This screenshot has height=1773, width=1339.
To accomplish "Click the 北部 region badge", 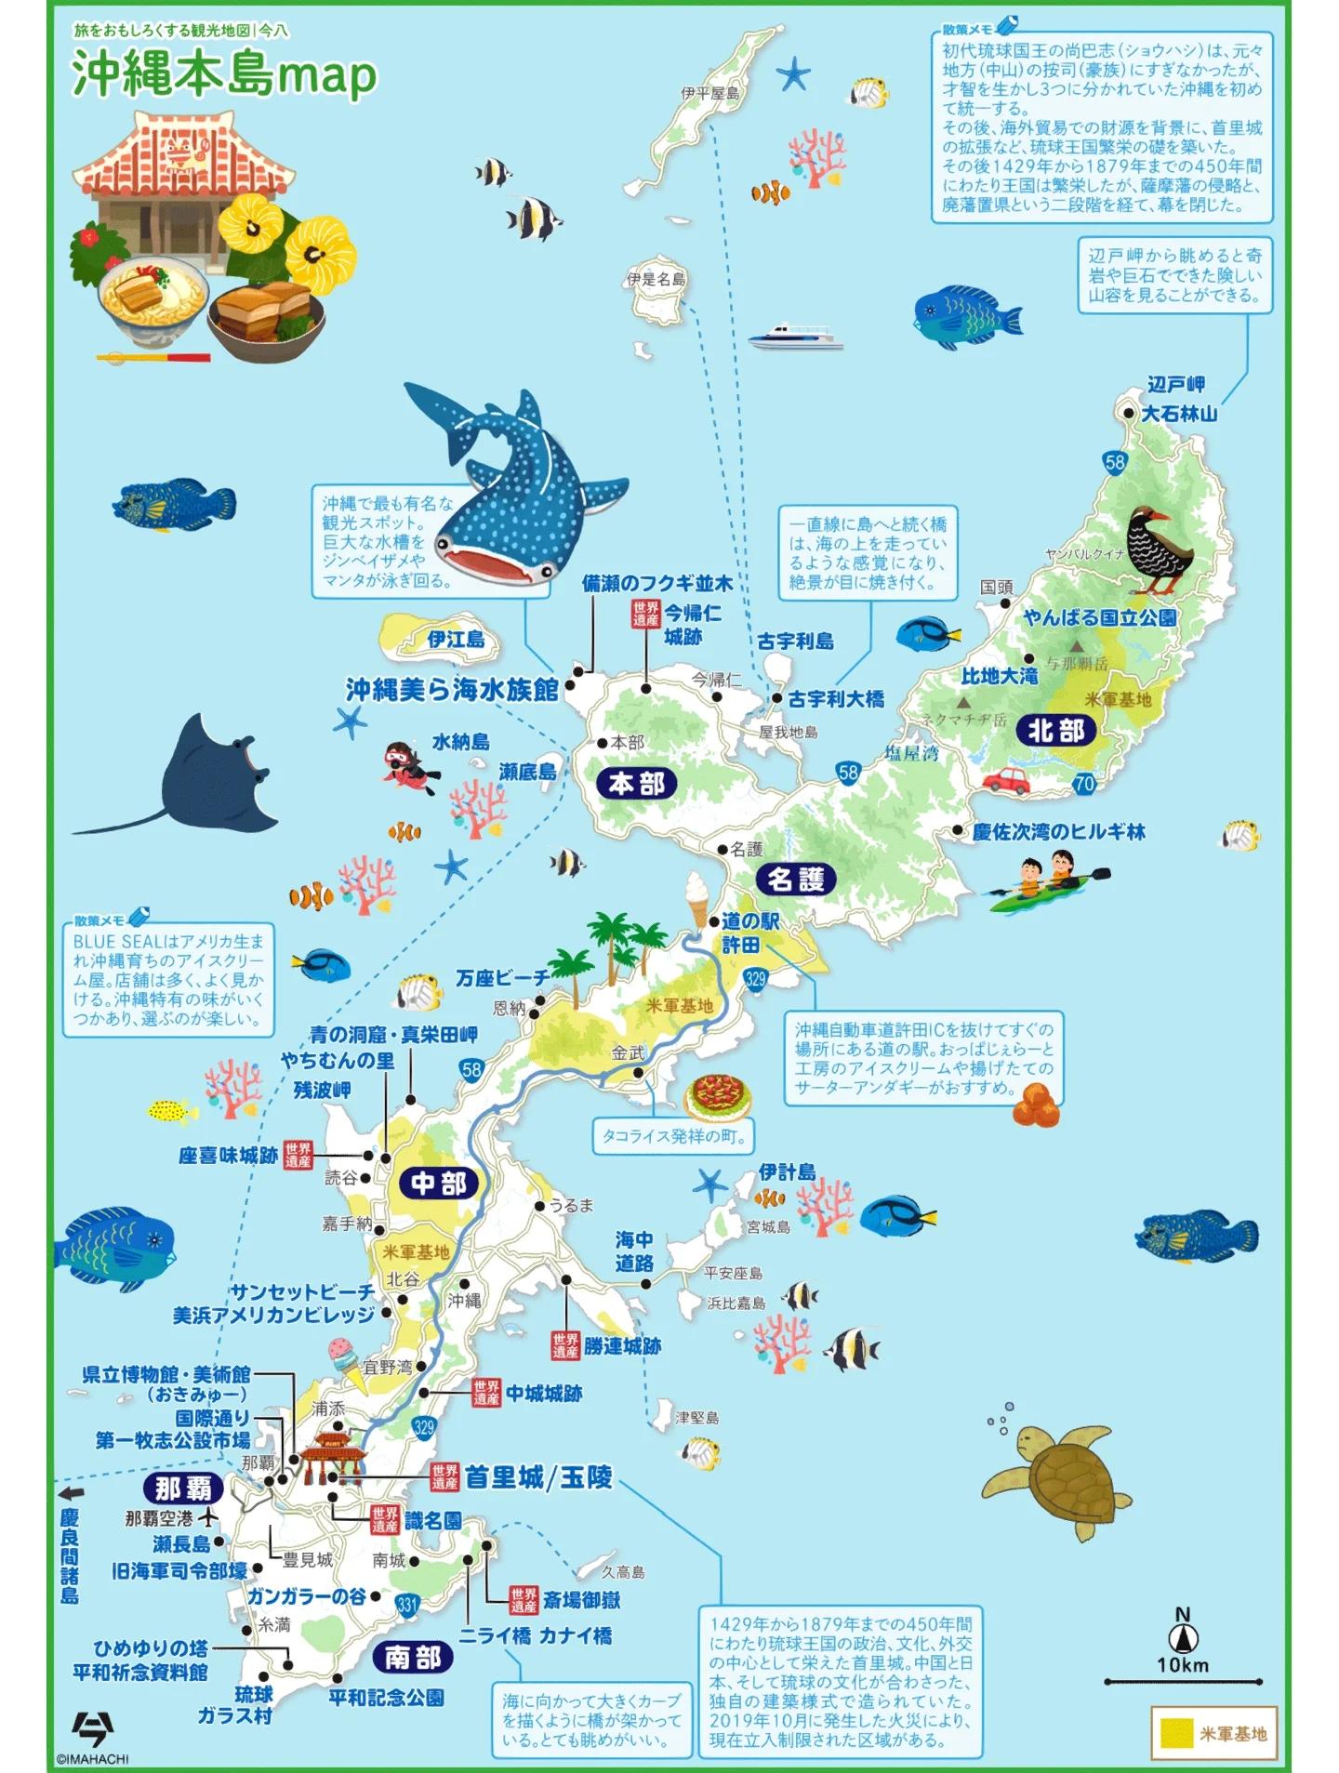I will [x=1056, y=731].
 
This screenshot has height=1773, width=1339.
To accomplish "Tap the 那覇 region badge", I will [x=182, y=1489].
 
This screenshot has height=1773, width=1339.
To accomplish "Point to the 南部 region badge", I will [x=413, y=1657].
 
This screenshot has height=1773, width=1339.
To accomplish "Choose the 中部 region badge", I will [x=438, y=1184].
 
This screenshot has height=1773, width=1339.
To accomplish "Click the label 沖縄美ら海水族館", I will [x=452, y=690].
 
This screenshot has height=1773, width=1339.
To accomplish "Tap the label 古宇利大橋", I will [x=836, y=698].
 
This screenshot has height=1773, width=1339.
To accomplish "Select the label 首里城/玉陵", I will [x=538, y=1477].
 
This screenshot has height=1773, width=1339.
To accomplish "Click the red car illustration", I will [x=1006, y=780].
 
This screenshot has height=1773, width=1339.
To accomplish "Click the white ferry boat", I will [x=795, y=337].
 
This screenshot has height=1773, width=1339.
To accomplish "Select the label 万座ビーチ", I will [x=502, y=978].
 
